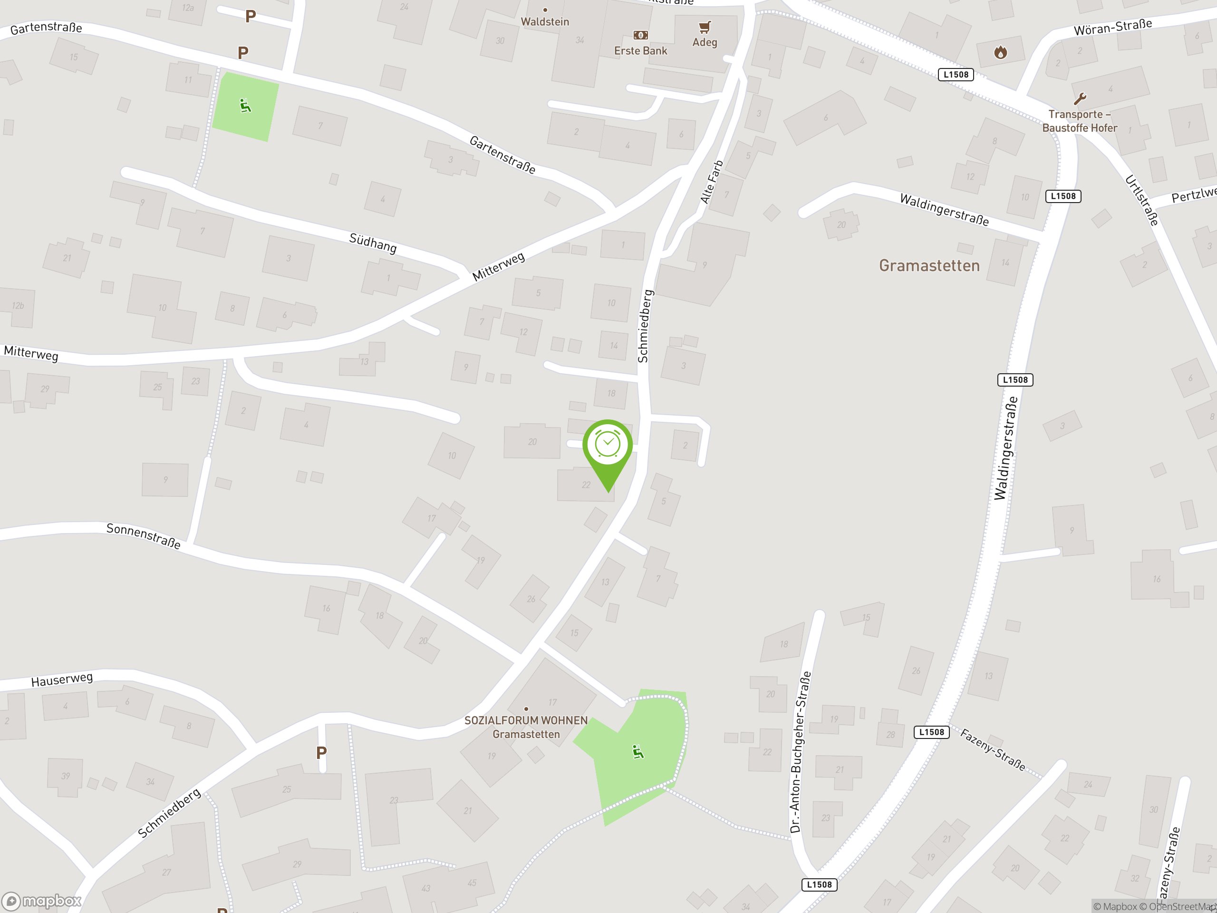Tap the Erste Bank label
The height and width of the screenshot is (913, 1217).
coord(640,50)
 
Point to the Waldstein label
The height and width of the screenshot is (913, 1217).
coord(545,21)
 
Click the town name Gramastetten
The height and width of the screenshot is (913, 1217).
coord(929,266)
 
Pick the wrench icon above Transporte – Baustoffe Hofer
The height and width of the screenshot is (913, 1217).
coord(1080,99)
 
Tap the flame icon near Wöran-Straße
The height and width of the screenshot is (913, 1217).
coord(1000,52)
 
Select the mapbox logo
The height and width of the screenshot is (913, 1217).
coord(42,901)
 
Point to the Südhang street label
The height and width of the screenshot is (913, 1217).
coord(373,243)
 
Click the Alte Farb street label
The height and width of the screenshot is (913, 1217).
coord(711,182)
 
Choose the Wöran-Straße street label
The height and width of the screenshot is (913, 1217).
coord(1112,27)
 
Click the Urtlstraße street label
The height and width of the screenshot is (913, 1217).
coord(1141,200)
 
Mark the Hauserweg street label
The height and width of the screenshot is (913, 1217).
coord(62,680)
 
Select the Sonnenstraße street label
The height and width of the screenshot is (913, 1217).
coord(143,536)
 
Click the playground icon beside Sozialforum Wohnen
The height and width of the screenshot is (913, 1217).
coord(637,752)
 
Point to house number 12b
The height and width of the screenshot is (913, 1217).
coord(18,305)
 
